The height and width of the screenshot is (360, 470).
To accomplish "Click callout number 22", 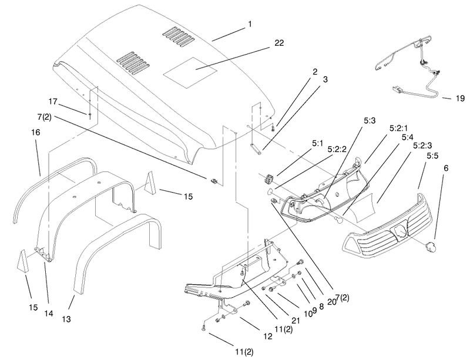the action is (279, 43).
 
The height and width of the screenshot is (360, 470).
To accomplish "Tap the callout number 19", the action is (460, 98).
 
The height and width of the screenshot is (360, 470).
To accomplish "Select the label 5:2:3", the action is (422, 146).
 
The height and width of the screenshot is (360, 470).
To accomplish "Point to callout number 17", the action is (53, 102).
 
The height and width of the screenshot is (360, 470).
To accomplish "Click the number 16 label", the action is (35, 132).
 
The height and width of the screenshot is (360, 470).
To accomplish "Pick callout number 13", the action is (66, 319).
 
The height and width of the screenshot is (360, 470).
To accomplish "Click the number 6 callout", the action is (446, 168).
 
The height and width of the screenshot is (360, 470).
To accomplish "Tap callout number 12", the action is (268, 337).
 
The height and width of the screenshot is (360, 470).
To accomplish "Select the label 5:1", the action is (318, 143).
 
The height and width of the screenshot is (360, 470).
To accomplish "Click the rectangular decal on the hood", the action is (190, 73).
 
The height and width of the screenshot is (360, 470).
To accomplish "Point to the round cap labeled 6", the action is (430, 247).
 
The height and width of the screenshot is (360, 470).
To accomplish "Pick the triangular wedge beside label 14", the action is (23, 261).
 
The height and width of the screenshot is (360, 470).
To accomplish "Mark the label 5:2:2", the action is (337, 149).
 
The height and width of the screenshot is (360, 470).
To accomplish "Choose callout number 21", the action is (296, 321).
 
